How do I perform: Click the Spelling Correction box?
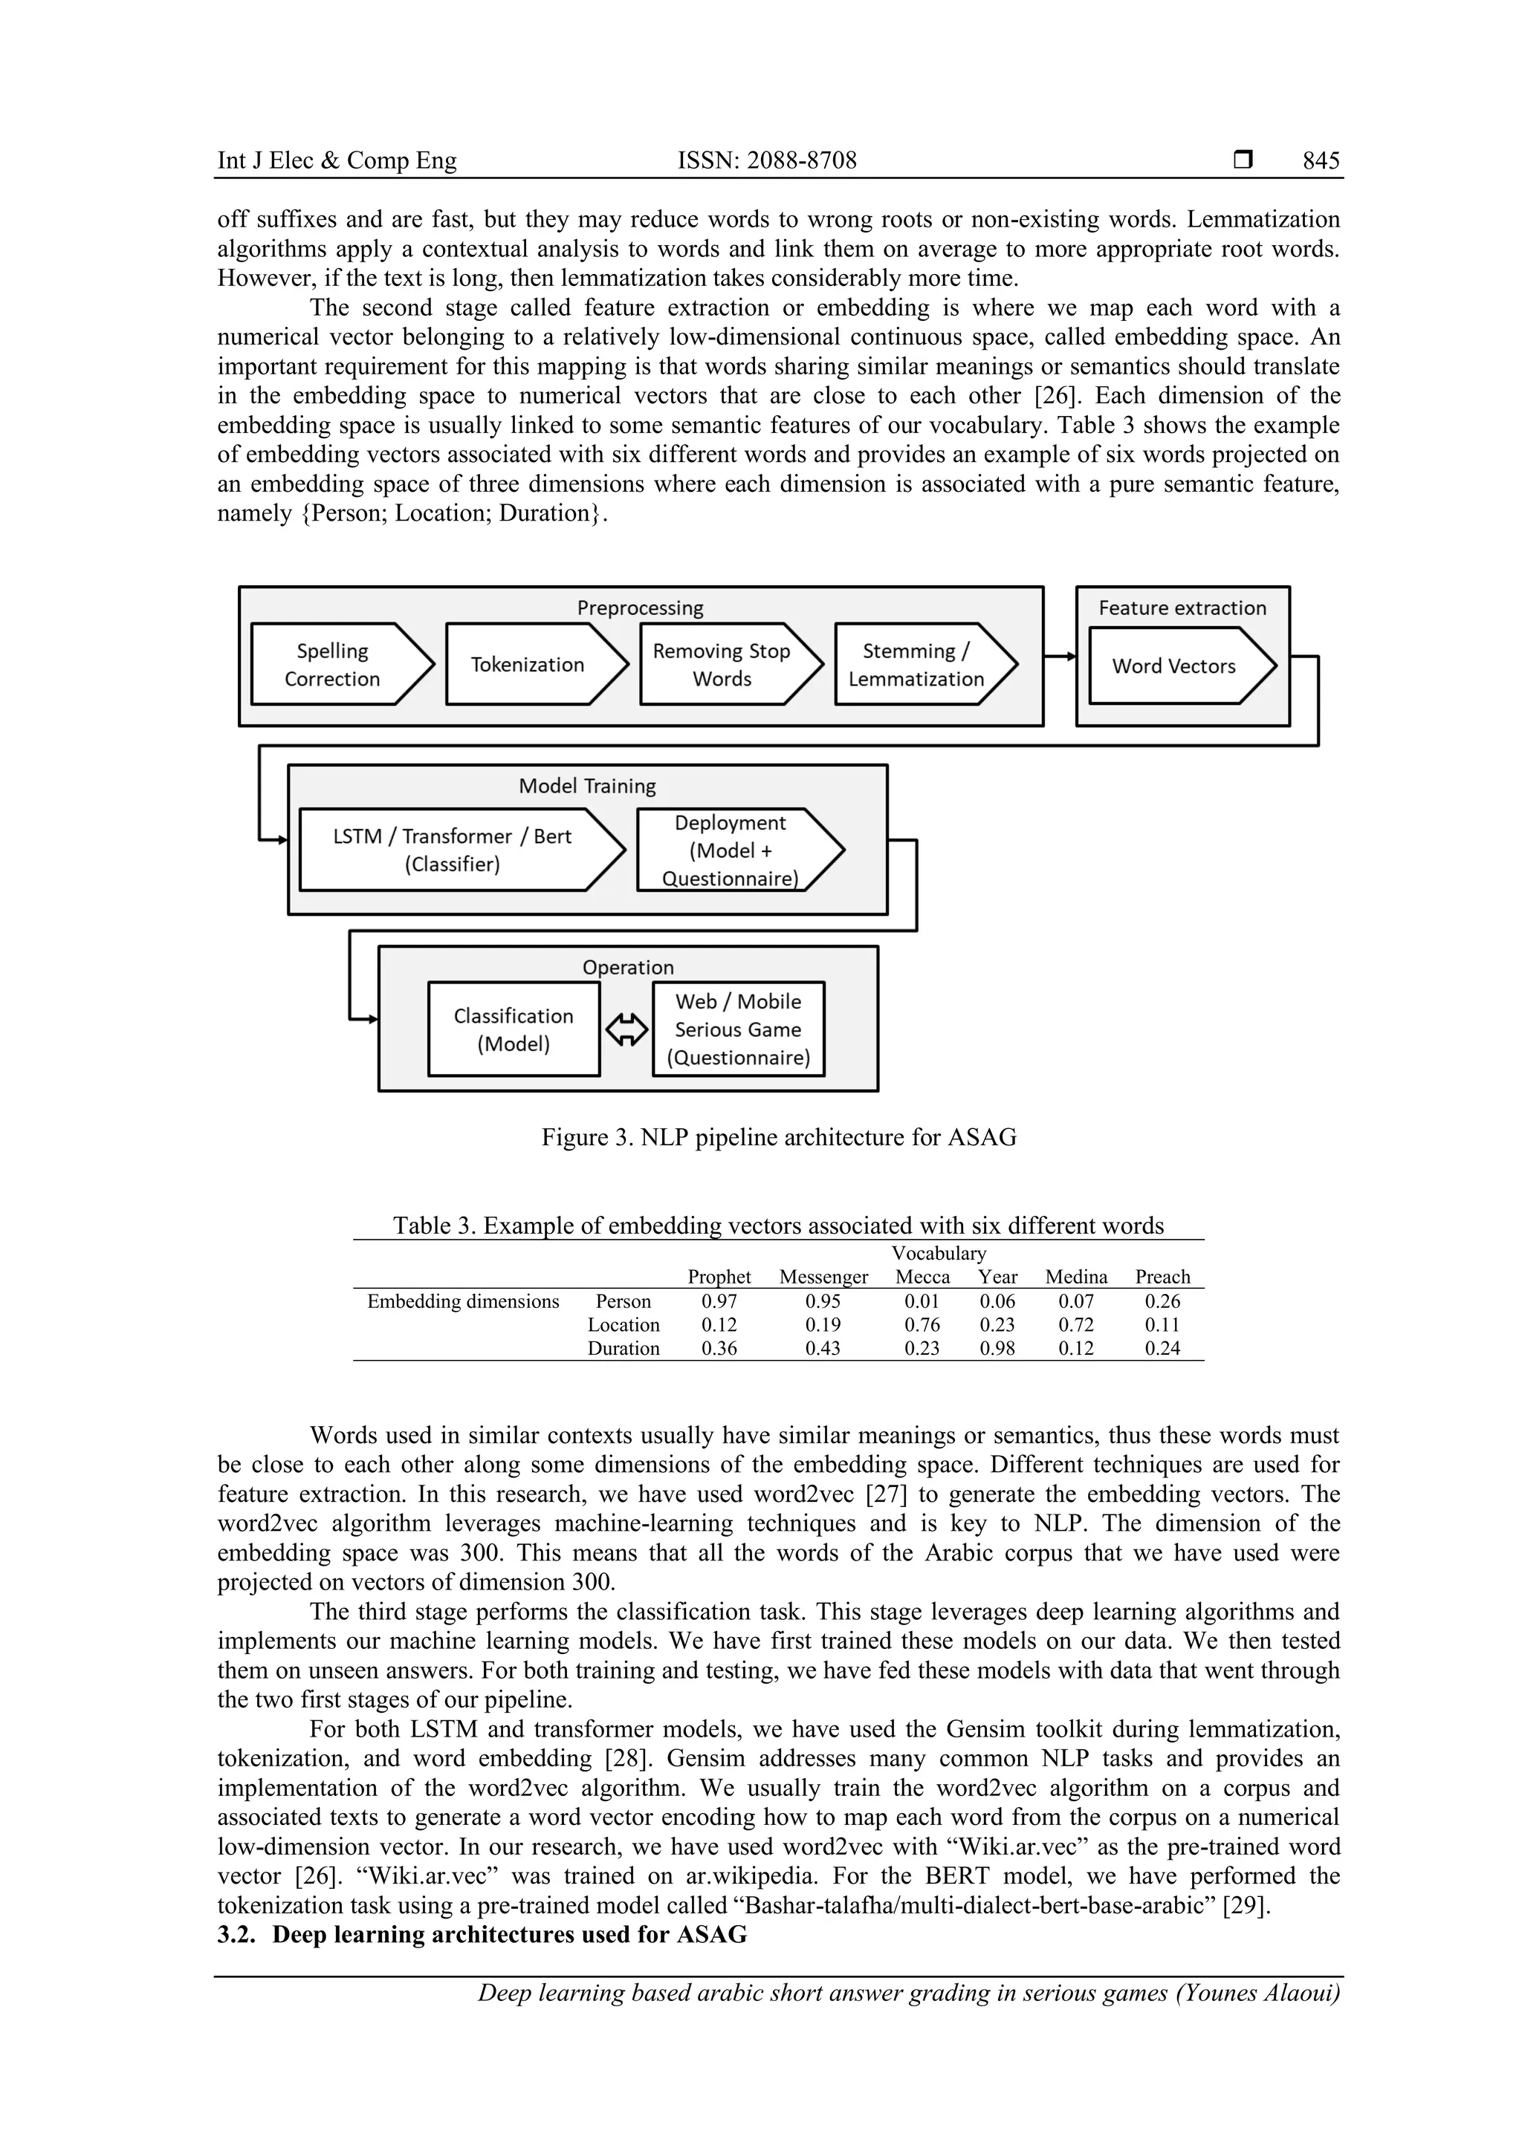point(334,664)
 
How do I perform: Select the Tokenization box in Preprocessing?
point(528,664)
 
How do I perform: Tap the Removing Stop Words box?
point(722,664)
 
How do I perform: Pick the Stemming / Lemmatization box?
point(916,664)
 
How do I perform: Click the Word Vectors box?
point(1173,666)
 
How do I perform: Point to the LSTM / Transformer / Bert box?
point(453,850)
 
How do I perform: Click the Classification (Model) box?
point(514,1029)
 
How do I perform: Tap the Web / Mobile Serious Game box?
point(739,1029)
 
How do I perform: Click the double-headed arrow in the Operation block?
point(627,1030)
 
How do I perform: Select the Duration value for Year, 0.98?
point(997,1348)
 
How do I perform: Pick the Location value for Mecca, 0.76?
point(922,1325)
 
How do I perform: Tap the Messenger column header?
point(823,1277)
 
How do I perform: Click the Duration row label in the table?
point(624,1348)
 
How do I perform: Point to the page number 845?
point(1321,160)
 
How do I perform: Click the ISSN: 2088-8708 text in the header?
point(767,160)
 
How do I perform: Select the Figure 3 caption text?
point(779,1137)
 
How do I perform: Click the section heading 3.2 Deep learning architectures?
point(482,1935)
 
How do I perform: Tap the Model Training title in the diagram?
point(588,786)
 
